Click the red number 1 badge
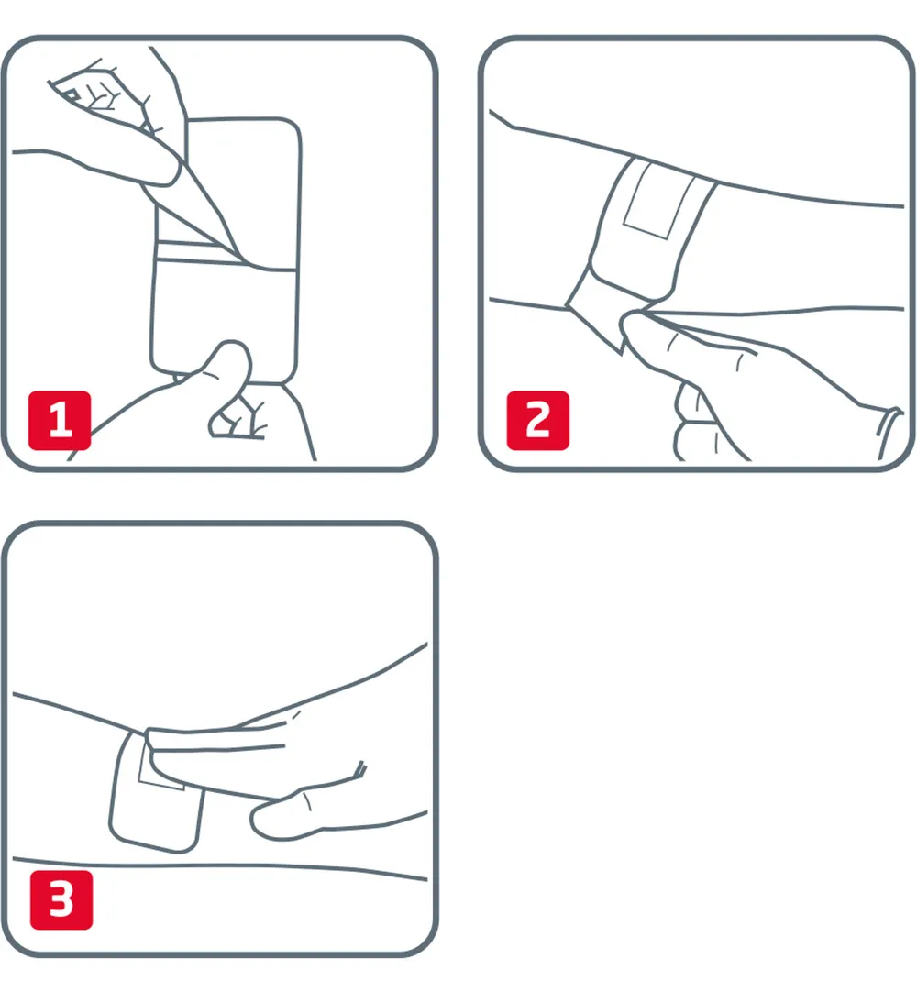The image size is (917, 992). tap(60, 421)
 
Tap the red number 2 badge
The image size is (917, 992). tap(537, 421)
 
